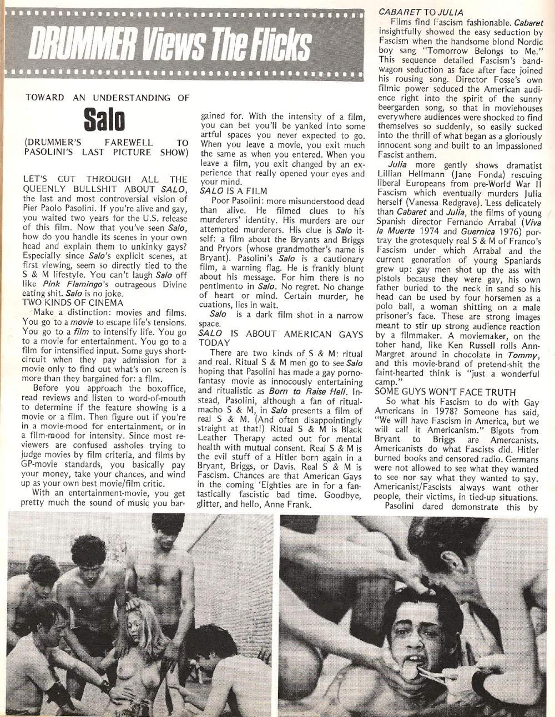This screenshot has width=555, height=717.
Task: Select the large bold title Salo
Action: tap(104, 119)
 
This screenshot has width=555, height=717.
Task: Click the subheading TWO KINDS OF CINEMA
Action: tap(73, 302)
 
